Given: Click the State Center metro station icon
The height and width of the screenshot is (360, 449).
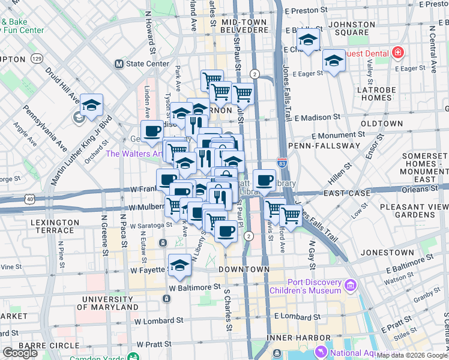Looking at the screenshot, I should pyautogui.click(x=119, y=64).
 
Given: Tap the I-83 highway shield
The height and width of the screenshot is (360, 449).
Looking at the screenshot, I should pyautogui.click(x=282, y=162).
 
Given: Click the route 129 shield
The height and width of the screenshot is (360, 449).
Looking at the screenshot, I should pyautogui.click(x=38, y=59).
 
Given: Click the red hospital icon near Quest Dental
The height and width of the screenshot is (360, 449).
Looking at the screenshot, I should pyautogui.click(x=397, y=53).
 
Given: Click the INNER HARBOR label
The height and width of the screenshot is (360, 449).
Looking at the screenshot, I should pyautogui.click(x=292, y=338).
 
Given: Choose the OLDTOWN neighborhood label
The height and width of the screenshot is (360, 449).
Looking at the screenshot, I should pyautogui.click(x=381, y=124).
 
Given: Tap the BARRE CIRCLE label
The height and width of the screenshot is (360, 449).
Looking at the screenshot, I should pyautogui.click(x=46, y=345).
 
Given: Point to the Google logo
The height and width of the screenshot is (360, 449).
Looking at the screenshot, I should pyautogui.click(x=20, y=353).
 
